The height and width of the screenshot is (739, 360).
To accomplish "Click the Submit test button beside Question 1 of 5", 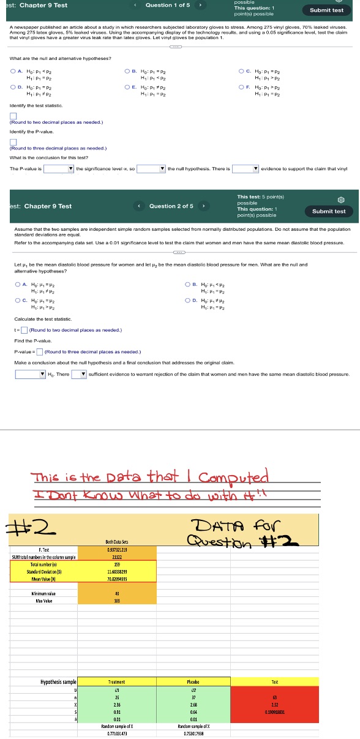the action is pos(327,10).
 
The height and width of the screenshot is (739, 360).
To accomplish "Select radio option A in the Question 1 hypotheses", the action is pos(13,71).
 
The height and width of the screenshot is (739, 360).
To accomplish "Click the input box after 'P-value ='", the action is pos(39,351).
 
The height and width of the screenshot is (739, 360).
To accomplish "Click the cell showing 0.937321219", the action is pos(116,550).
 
